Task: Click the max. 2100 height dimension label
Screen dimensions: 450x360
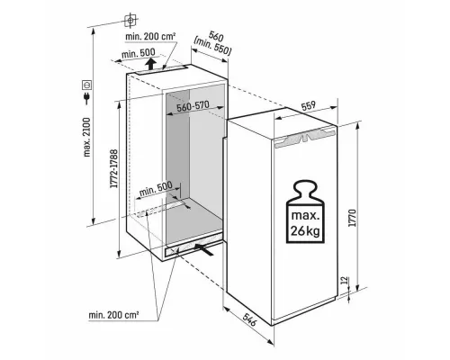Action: [x=86, y=137]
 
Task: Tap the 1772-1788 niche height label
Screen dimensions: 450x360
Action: [x=114, y=168]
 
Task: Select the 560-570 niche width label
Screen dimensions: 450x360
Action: [x=193, y=106]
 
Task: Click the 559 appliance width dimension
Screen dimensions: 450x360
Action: [x=308, y=106]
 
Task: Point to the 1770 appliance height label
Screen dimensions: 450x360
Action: [x=353, y=218]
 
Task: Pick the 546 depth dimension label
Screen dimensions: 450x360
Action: [x=249, y=319]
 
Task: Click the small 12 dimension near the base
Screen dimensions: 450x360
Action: [x=346, y=281]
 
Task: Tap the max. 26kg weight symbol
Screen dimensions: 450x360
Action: [x=305, y=211]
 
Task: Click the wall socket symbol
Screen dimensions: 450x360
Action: [x=87, y=85]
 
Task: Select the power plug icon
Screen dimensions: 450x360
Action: [x=87, y=98]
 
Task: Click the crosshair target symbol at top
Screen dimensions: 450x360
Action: [x=130, y=20]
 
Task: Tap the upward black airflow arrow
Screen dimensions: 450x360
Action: [x=150, y=63]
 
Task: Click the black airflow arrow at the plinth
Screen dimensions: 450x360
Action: [x=204, y=249]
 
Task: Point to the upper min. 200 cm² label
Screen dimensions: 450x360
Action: [x=150, y=37]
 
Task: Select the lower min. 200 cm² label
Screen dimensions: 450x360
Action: [x=113, y=315]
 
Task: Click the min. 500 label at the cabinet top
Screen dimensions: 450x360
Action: [x=139, y=54]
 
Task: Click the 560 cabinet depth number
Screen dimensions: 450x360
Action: [x=216, y=37]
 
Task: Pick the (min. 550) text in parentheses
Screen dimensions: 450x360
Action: [x=212, y=47]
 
